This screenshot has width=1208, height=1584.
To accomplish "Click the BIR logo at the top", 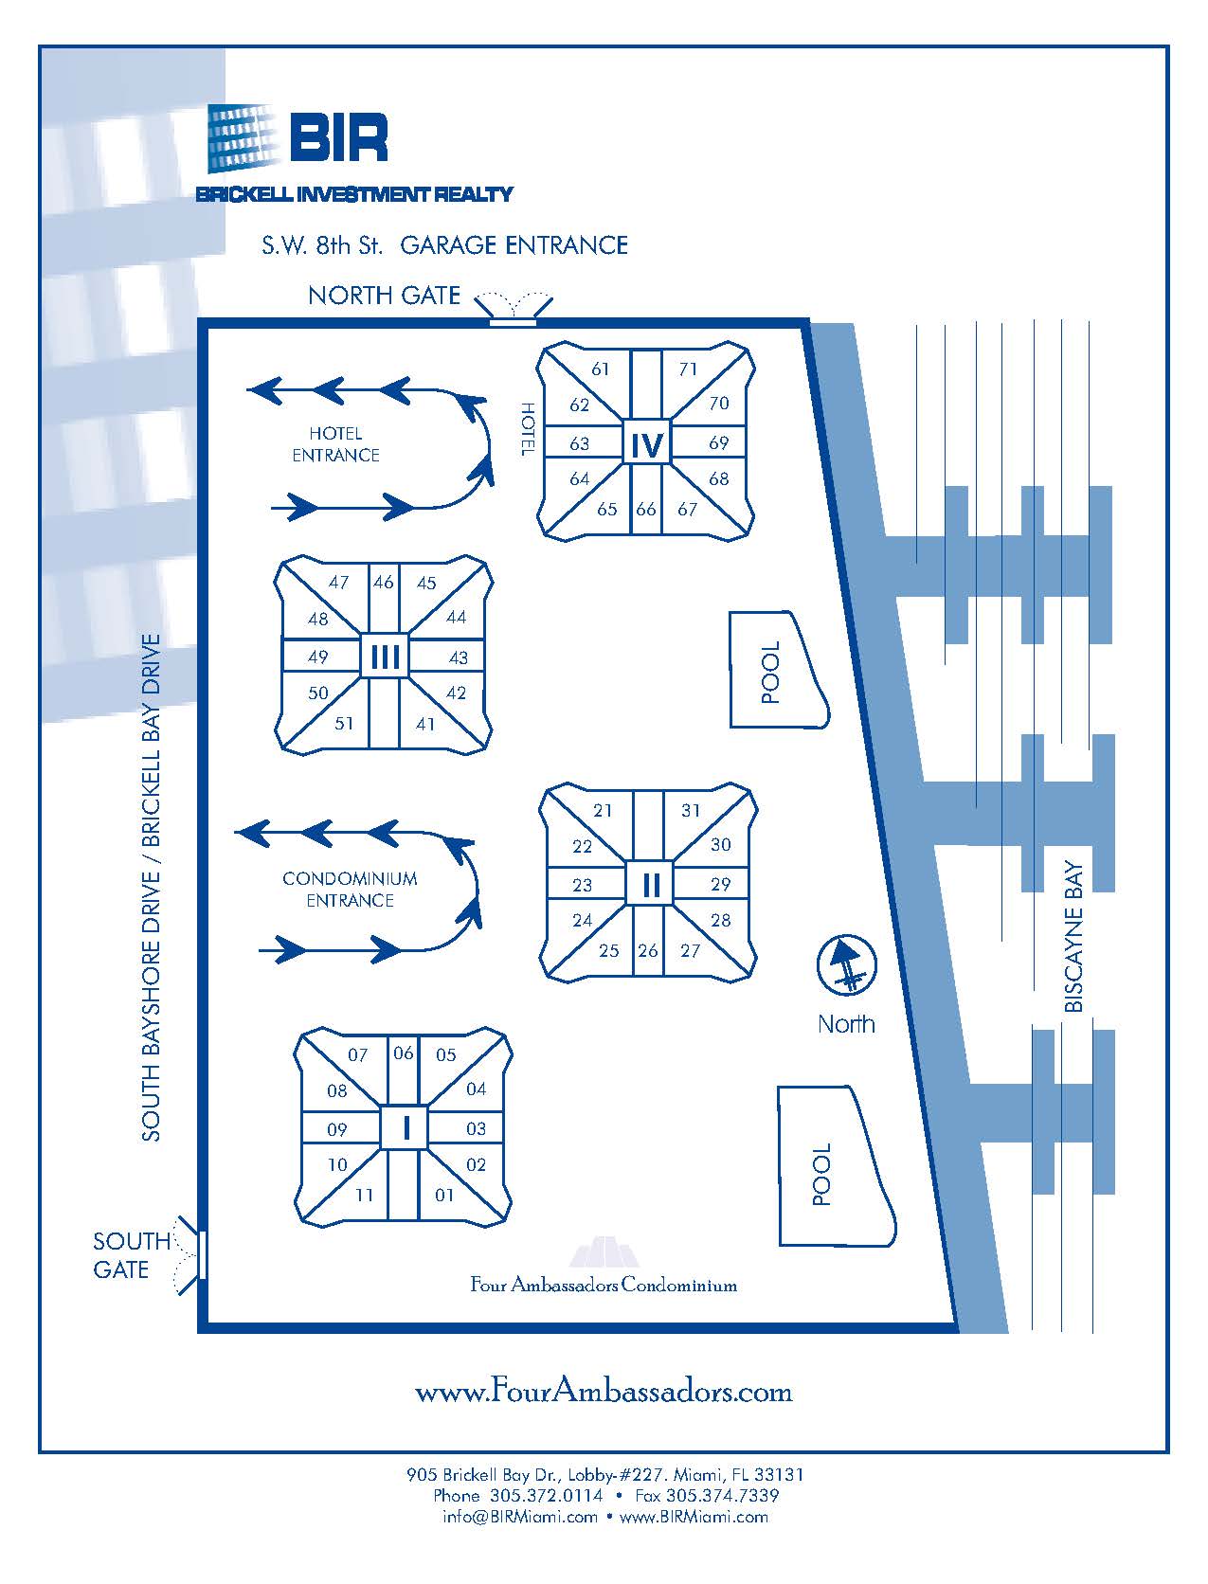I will pyautogui.click(x=297, y=138).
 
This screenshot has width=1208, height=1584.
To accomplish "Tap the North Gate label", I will pyautogui.click(x=384, y=296).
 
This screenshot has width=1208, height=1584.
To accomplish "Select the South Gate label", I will pyautogui.click(x=131, y=1254).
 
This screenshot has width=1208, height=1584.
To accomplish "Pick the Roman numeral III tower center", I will pyautogui.click(x=385, y=656).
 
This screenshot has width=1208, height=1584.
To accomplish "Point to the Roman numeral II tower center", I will pyautogui.click(x=650, y=885).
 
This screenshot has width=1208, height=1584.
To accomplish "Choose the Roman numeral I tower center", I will pyautogui.click(x=406, y=1128).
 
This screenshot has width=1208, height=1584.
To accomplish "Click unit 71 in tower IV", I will pyautogui.click(x=687, y=369).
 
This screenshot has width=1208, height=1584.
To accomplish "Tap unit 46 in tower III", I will pyautogui.click(x=383, y=582).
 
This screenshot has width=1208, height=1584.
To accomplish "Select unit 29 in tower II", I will pyautogui.click(x=720, y=884).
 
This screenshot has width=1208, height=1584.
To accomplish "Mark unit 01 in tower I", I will pyautogui.click(x=444, y=1195).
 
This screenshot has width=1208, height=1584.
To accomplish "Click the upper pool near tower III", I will pyautogui.click(x=774, y=671).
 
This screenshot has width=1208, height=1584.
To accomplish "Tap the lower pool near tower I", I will pyautogui.click(x=829, y=1172).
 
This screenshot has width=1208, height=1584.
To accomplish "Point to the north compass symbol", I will pyautogui.click(x=847, y=965).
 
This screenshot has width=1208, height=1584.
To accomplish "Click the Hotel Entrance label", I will pyautogui.click(x=335, y=443).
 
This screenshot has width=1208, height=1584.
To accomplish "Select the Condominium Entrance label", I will pyautogui.click(x=350, y=889).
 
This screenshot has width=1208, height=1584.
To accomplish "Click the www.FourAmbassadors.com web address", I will pyautogui.click(x=604, y=1391).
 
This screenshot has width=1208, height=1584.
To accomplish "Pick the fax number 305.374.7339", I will pyautogui.click(x=722, y=1495).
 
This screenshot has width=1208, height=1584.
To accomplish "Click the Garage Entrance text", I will pyautogui.click(x=514, y=245).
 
